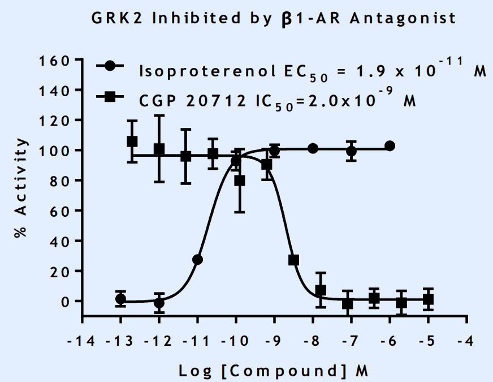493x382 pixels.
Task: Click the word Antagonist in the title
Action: [403, 19]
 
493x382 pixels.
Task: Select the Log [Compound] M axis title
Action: [274, 371]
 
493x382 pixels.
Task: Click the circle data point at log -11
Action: [197, 260]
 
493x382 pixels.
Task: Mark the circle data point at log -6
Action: [390, 146]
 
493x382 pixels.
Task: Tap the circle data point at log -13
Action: [120, 299]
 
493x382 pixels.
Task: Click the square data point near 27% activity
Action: [293, 260]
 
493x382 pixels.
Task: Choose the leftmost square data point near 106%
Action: [132, 141]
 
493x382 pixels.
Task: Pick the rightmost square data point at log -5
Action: [428, 299]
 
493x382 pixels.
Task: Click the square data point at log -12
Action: [159, 149]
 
